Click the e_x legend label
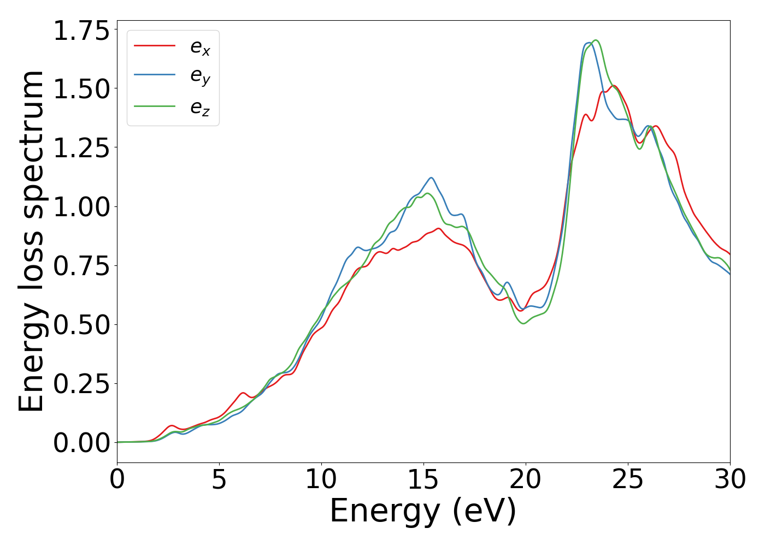click(200, 48)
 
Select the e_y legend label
click(200, 77)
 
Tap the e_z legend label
click(200, 108)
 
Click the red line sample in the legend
click(155, 46)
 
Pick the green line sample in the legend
click(155, 106)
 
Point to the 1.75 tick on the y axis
click(81, 30)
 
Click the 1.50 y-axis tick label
click(81, 89)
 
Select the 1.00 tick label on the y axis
click(81, 207)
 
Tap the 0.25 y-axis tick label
click(81, 384)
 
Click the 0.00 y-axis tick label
click(81, 443)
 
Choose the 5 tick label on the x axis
click(219, 480)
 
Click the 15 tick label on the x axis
click(423, 480)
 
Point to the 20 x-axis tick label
click(526, 480)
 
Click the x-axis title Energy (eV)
click(423, 512)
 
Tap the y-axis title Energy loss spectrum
click(31, 241)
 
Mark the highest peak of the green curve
click(596, 40)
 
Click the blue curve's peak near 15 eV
click(431, 177)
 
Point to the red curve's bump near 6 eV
click(243, 393)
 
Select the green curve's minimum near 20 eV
click(523, 323)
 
